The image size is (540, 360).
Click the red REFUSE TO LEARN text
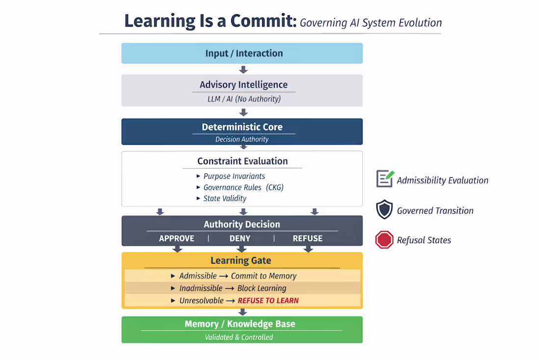[268, 301]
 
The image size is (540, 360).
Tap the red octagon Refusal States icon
[384, 240]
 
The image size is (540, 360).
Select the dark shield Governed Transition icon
[384, 209]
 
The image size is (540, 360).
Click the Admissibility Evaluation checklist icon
[385, 179]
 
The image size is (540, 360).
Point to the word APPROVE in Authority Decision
[176, 238]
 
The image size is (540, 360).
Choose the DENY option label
[240, 238]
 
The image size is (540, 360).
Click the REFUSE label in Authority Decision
[307, 238]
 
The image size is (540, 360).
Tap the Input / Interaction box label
[244, 54]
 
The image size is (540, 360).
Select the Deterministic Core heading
[242, 127]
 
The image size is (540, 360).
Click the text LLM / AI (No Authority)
[244, 99]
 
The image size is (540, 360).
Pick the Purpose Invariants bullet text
[234, 176]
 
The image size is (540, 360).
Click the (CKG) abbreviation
[274, 188]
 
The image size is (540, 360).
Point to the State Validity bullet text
[225, 198]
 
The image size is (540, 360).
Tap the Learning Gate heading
[241, 260]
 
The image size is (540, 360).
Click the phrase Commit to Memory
[264, 276]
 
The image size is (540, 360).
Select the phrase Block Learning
[262, 288]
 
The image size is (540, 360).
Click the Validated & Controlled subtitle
[239, 337]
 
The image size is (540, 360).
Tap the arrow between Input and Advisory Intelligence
[243, 70]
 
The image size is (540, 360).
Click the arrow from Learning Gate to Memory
[243, 312]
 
